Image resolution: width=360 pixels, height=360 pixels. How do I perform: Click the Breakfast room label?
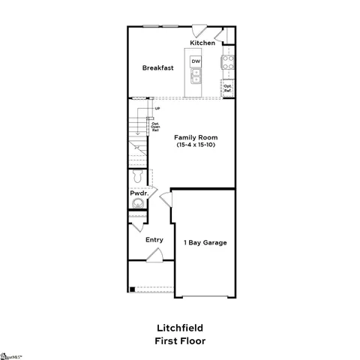coord(158,67)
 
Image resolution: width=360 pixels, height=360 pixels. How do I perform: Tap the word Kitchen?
coord(202,43)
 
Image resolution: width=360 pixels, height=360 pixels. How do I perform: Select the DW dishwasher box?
coord(196,61)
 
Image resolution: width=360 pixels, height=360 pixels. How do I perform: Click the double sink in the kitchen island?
coord(196,75)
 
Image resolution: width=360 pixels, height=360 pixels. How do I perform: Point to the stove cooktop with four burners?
coord(228,62)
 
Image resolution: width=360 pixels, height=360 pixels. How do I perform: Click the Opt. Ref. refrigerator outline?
coord(228,88)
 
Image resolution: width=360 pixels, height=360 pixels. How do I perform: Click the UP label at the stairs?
coord(157,109)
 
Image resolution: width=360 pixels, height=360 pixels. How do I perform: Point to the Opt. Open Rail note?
coord(155,127)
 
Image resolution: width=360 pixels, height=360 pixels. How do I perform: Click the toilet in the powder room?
coord(136,177)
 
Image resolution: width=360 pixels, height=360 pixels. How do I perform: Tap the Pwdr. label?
coord(139,193)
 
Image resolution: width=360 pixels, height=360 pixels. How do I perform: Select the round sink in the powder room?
coord(135,204)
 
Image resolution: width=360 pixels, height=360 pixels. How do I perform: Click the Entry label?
coord(154,240)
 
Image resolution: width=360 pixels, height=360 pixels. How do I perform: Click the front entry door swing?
coord(154,256)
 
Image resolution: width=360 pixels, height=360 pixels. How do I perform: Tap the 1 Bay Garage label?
coord(205,242)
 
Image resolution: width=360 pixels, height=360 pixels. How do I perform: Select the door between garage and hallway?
coord(166,200)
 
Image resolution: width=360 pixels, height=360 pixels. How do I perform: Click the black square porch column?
coord(132,289)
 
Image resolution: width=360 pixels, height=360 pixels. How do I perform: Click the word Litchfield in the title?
coord(179,328)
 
